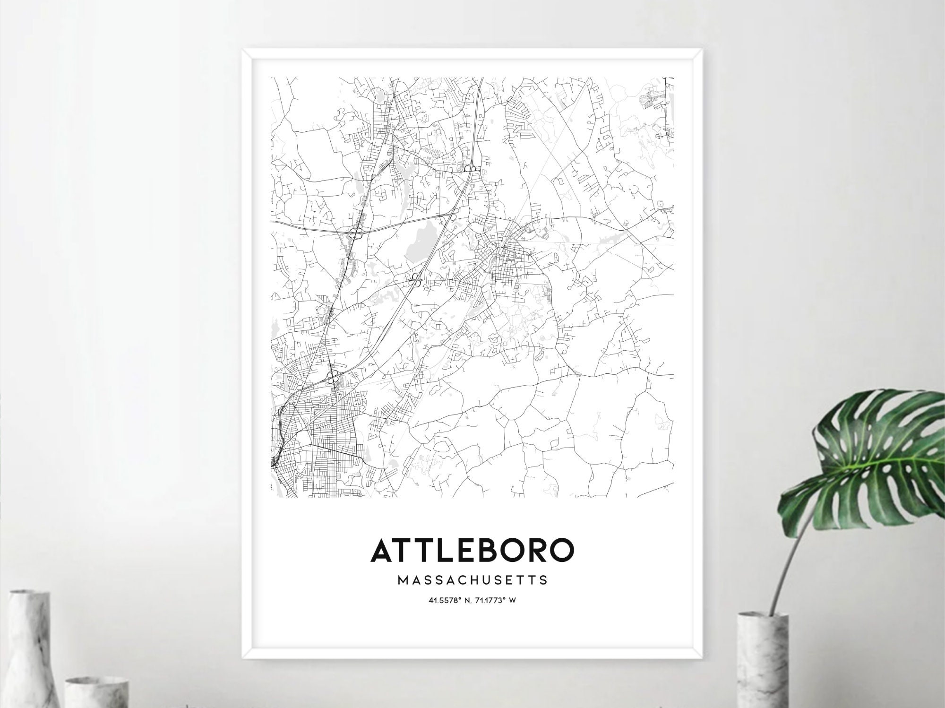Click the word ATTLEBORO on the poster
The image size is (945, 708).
pyautogui.click(x=472, y=550)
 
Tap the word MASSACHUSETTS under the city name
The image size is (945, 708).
pyautogui.click(x=472, y=580)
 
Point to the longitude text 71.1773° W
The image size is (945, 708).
pyautogui.click(x=496, y=601)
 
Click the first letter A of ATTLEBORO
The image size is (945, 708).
pyautogui.click(x=382, y=550)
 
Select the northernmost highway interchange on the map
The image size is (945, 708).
pyautogui.click(x=471, y=168)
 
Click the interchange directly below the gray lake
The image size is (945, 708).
pyautogui.click(x=416, y=279)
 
